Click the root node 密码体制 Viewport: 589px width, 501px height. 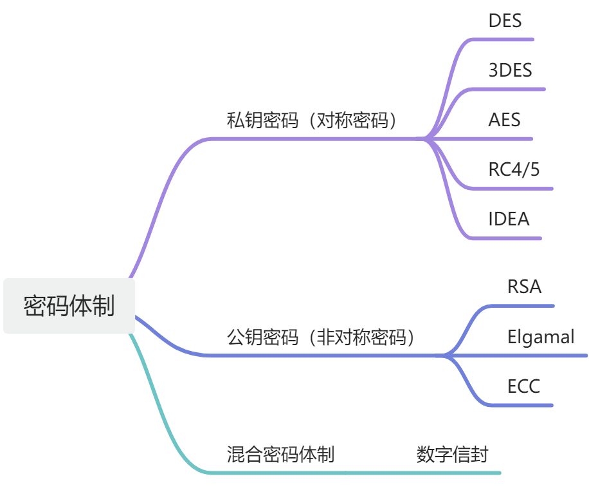69,306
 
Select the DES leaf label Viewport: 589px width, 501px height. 505,21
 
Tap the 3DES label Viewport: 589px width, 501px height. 510,70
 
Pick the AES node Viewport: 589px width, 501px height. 504,120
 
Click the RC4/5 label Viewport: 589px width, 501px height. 514,169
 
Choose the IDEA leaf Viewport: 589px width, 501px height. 509,219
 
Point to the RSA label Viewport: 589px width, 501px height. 525,287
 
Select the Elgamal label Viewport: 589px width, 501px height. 540,336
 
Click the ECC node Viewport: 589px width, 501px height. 523,386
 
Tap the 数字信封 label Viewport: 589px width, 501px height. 451,455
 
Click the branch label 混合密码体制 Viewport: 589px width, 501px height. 280,455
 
